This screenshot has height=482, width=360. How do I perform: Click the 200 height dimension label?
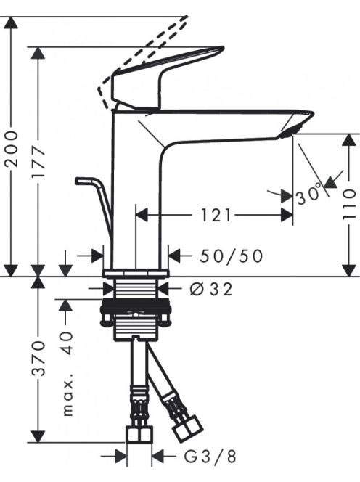[x=12, y=149]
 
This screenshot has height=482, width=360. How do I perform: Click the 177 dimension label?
[x=38, y=162]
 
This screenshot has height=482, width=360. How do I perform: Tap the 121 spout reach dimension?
[x=216, y=215]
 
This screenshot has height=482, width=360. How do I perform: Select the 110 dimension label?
[x=349, y=205]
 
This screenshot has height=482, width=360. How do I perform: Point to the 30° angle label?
[x=308, y=195]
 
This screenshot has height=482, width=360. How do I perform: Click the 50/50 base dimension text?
[x=232, y=256]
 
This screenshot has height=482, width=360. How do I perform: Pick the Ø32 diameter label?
[x=211, y=289]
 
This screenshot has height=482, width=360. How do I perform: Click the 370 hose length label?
[x=38, y=358]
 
